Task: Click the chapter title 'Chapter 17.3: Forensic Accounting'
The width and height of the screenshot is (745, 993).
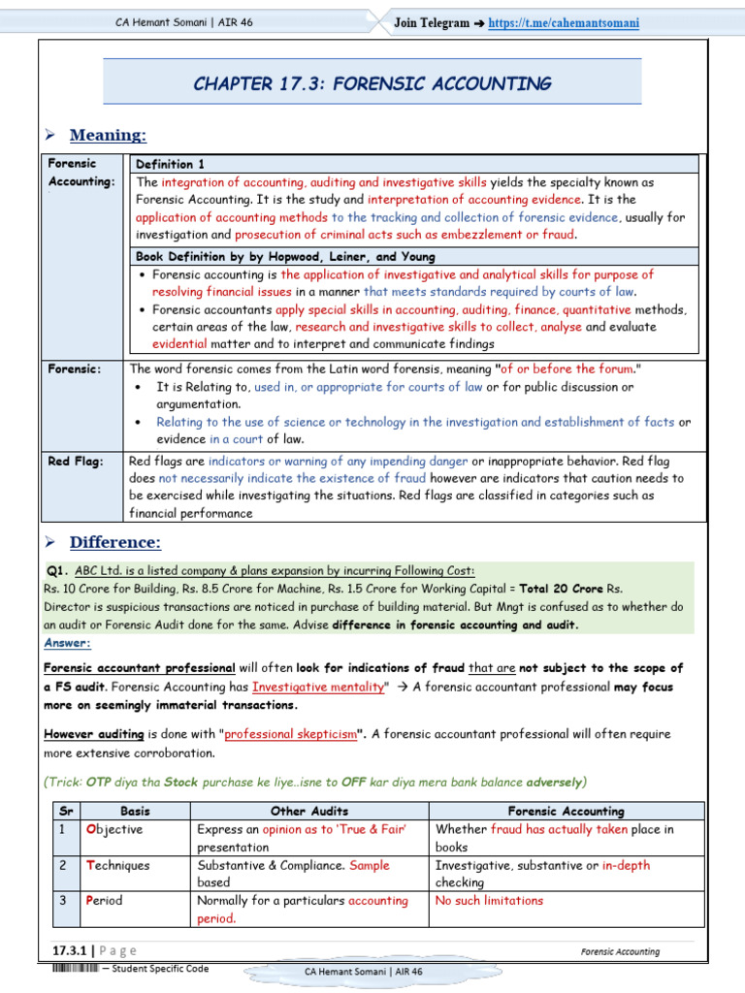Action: coord(372,83)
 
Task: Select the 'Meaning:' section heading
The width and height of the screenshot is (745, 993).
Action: coord(108,135)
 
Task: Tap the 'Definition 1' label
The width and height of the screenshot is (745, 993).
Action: coord(170,164)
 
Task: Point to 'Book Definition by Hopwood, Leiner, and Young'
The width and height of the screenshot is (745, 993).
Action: coord(285,257)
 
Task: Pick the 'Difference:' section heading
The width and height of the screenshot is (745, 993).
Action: coord(115,542)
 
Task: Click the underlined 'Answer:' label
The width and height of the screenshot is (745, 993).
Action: coord(67,643)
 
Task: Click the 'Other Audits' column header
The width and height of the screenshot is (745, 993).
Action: coord(309,811)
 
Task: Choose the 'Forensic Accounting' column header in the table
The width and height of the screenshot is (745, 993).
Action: coord(567,811)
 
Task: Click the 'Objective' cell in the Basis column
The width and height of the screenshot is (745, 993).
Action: coord(113,829)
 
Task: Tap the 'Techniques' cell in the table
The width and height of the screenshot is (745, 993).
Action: coord(117,865)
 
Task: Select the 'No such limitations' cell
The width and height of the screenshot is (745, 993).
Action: coord(489,901)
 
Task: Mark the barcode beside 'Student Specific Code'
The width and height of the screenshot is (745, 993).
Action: coord(75,969)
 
